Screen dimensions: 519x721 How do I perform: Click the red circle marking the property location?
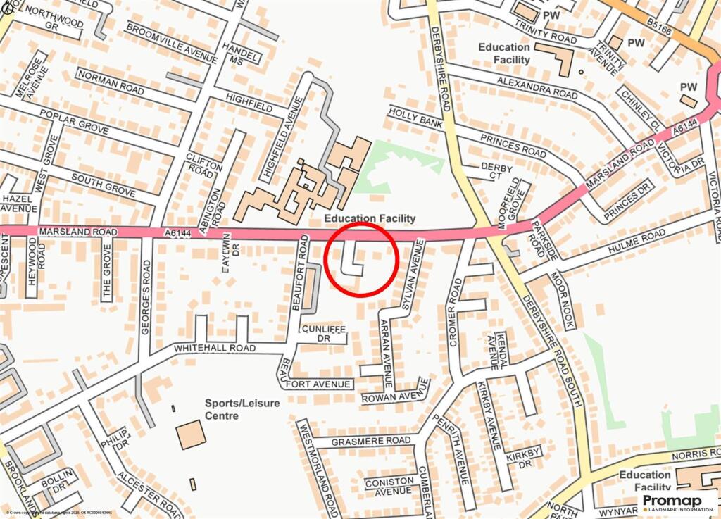tap(363, 258)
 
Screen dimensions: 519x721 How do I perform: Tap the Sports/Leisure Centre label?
tap(242, 409)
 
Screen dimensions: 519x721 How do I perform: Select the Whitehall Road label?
tap(215, 348)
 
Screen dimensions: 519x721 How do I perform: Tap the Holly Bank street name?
tap(416, 117)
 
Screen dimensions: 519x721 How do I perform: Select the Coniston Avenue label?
tap(389, 486)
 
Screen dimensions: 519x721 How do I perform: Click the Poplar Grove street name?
tap(73, 122)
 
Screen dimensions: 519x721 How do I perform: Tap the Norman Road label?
tap(111, 82)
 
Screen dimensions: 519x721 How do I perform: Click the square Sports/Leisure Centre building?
tap(191, 434)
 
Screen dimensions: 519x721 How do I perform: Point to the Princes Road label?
tap(512, 144)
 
